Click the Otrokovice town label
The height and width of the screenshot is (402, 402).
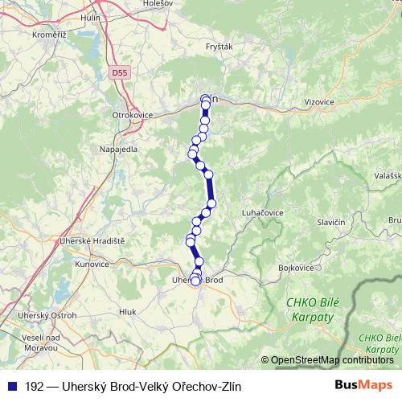point(130,115)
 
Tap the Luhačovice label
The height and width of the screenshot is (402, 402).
point(261,212)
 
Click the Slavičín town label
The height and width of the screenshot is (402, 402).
point(331,222)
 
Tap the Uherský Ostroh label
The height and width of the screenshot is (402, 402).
point(50,316)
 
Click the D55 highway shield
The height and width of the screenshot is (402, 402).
point(120,72)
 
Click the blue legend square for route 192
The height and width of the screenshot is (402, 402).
point(11,387)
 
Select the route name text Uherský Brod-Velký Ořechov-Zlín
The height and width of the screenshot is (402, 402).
point(133,387)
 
